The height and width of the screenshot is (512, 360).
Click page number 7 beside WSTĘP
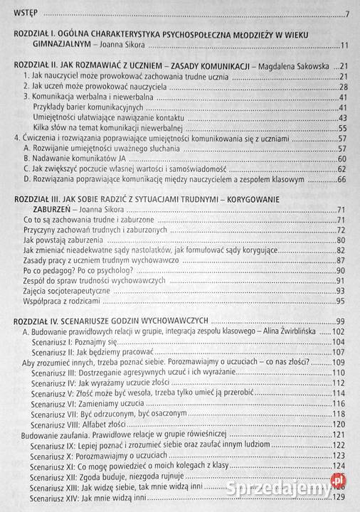[346, 15]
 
